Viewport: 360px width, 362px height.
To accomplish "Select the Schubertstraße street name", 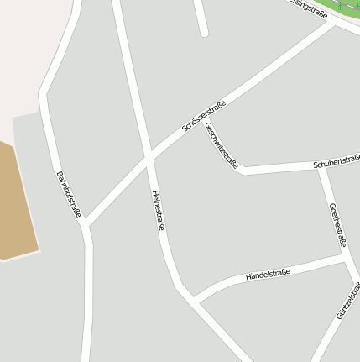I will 337,161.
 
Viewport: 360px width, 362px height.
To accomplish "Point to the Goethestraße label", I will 337,224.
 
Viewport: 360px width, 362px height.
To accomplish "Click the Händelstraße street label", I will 267,274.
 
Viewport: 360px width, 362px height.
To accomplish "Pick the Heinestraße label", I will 158,210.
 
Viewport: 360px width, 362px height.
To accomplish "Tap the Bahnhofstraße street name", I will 68,194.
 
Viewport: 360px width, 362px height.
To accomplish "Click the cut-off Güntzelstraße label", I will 348,301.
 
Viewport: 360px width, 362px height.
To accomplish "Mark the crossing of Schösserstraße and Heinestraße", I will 149,158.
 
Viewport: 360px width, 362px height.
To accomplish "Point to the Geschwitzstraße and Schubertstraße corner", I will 242,171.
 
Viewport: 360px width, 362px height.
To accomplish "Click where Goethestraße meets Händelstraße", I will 347,260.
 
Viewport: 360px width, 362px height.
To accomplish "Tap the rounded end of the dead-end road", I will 204,32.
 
